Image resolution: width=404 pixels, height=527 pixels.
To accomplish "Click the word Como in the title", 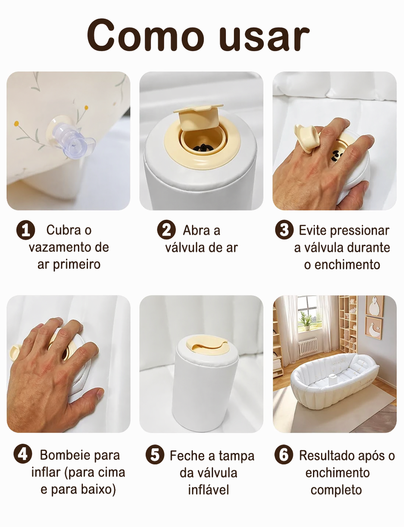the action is tap(145, 36).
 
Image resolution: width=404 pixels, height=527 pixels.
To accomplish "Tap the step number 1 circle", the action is tap(25, 230).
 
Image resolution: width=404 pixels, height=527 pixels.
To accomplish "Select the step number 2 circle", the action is tap(166, 230).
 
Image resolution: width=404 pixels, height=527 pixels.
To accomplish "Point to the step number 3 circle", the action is tap(284, 230).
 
